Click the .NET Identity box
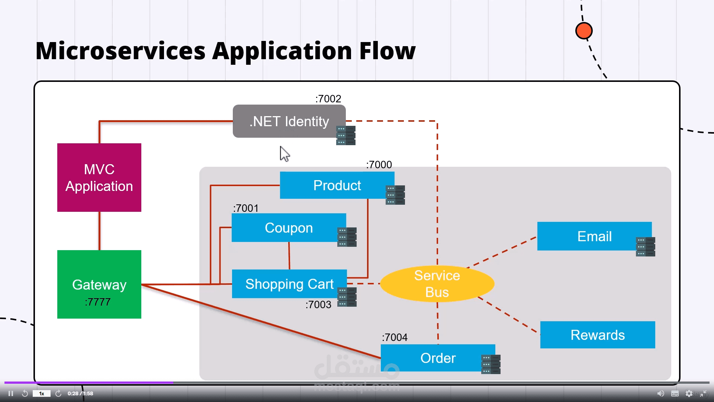point(289,121)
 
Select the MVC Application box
point(99,178)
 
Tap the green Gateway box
point(99,284)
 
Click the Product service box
point(337,185)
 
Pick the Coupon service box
point(289,228)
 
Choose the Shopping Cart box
point(289,284)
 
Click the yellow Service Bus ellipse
point(437,284)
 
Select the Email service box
point(594,236)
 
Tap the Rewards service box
point(597,335)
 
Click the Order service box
point(438,358)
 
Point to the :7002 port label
point(328,99)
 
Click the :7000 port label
point(379,165)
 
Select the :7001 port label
point(245,208)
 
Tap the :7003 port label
point(318,304)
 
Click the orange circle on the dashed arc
point(583,31)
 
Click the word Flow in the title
point(387,51)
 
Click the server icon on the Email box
point(645,247)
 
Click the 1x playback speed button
point(42,393)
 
